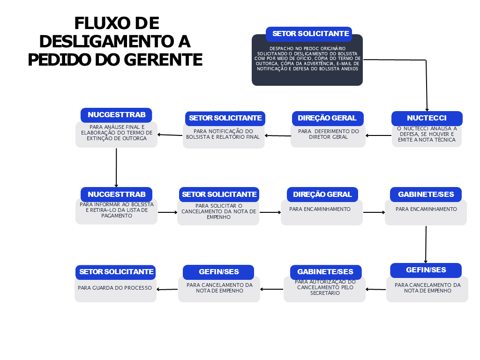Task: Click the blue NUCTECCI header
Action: [427, 118]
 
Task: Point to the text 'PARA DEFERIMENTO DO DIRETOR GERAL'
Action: [328, 134]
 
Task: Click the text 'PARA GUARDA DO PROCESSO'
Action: [115, 288]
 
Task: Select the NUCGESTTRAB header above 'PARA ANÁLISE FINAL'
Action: [116, 115]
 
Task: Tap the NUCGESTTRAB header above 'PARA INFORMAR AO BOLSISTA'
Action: [116, 195]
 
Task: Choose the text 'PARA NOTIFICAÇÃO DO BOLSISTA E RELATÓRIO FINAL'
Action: [223, 134]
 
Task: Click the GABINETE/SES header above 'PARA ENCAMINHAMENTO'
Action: [426, 195]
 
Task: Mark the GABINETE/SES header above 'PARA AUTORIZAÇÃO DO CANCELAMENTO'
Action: [326, 272]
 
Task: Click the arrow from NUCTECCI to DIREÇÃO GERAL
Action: [379, 135]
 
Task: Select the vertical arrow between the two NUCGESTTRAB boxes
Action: [116, 168]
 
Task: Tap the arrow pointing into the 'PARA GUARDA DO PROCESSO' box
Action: [167, 289]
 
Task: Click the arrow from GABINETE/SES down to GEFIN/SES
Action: [426, 245]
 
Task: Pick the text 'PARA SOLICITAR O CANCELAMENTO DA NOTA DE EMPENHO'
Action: [218, 211]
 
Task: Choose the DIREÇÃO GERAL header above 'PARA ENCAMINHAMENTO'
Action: [322, 195]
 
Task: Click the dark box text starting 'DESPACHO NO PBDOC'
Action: [307, 59]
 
